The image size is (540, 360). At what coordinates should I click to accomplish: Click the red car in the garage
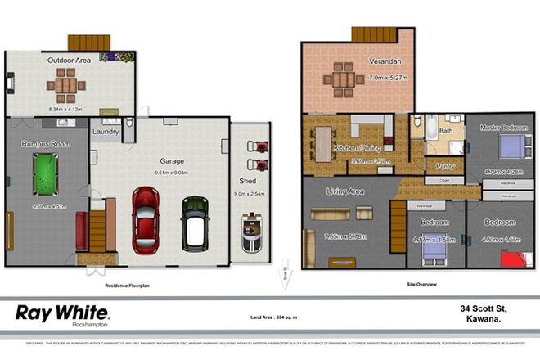tap(146, 218)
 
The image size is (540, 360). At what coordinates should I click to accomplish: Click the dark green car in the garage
tap(195, 221)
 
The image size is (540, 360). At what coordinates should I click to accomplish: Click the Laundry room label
tap(106, 131)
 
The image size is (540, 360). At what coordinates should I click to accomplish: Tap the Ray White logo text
tap(63, 313)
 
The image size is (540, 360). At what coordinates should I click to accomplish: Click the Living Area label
tap(345, 191)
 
